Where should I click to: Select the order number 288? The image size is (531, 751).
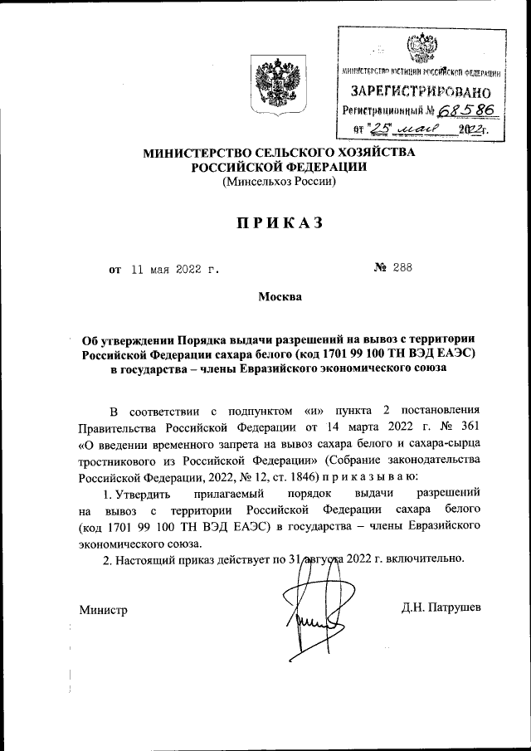click(402, 267)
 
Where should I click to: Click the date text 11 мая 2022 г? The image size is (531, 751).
click(173, 268)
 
